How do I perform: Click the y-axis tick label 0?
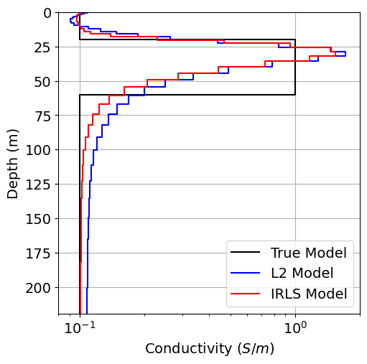tap(46, 13)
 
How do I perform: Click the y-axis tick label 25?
tap(42, 47)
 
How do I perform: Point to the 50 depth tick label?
tap(42, 82)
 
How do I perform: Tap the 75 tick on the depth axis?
tap(42, 116)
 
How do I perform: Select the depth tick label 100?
tap(37, 150)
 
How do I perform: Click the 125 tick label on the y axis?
tap(37, 185)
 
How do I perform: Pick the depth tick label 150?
tap(37, 218)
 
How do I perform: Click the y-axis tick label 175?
tap(37, 253)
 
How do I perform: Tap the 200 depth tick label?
tap(37, 287)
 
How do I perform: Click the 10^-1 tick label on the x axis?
tap(80, 328)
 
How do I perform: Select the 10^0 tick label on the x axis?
tap(295, 328)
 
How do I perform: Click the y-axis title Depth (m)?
tap(13, 164)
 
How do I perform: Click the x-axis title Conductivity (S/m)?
tap(209, 349)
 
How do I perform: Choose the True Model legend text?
tap(308, 253)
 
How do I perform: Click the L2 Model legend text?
tap(302, 274)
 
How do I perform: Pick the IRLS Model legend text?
tap(308, 294)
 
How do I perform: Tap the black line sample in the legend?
tap(246, 253)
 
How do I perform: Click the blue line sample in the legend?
tap(246, 274)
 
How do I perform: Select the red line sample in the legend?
tap(246, 294)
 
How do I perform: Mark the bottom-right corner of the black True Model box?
tap(295, 95)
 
